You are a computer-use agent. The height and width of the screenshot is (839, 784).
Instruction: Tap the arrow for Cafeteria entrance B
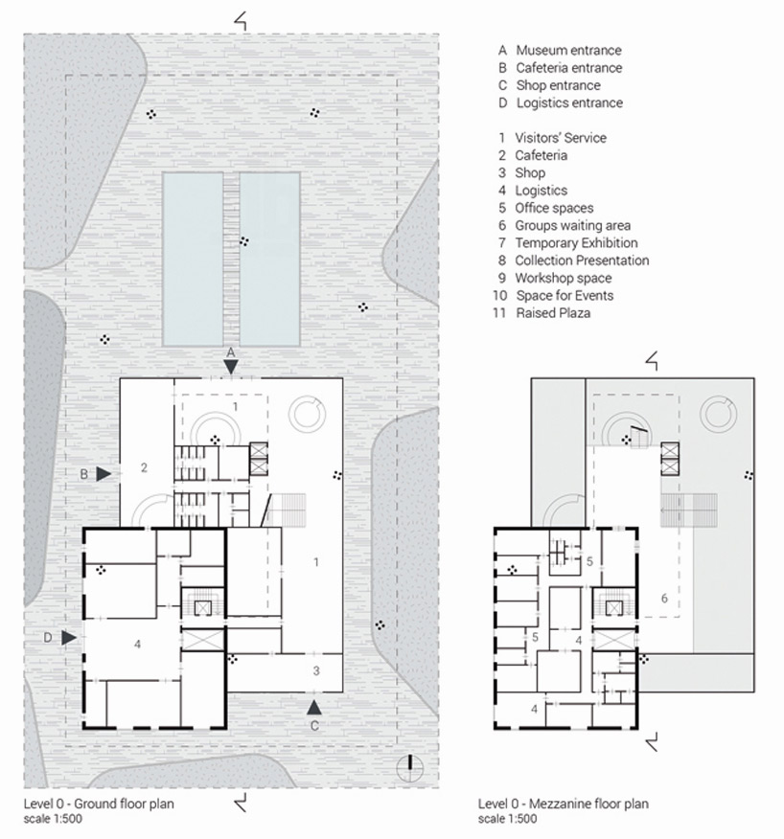(104, 472)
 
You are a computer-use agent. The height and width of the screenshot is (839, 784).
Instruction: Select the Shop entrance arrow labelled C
(313, 708)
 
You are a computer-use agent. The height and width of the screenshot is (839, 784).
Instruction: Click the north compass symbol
(410, 763)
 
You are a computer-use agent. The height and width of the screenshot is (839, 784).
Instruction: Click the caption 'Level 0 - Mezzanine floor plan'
(563, 804)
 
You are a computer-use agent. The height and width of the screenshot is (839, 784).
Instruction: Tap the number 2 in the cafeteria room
(144, 468)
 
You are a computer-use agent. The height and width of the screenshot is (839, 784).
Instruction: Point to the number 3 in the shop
(316, 670)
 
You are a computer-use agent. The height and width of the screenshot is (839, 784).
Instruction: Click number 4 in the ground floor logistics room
(138, 644)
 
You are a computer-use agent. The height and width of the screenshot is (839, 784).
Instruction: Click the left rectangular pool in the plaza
(193, 259)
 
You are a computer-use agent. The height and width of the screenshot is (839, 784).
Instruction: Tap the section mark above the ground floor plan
(241, 18)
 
